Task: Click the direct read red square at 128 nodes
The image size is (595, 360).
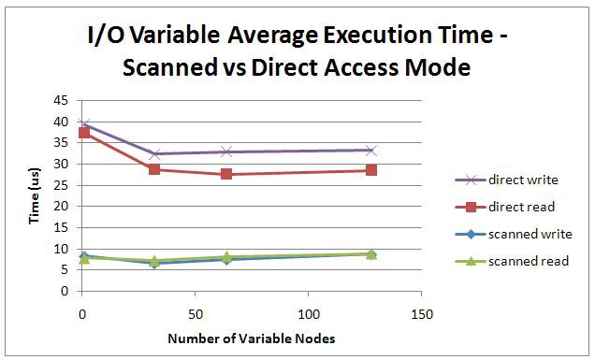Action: pos(371,170)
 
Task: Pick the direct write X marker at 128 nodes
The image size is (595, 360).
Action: pos(371,150)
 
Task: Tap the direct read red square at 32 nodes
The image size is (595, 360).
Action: pos(154,169)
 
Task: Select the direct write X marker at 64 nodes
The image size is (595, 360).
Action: pos(226,151)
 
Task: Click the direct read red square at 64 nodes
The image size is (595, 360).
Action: pos(226,174)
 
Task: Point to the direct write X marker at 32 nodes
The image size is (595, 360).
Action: pos(154,153)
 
